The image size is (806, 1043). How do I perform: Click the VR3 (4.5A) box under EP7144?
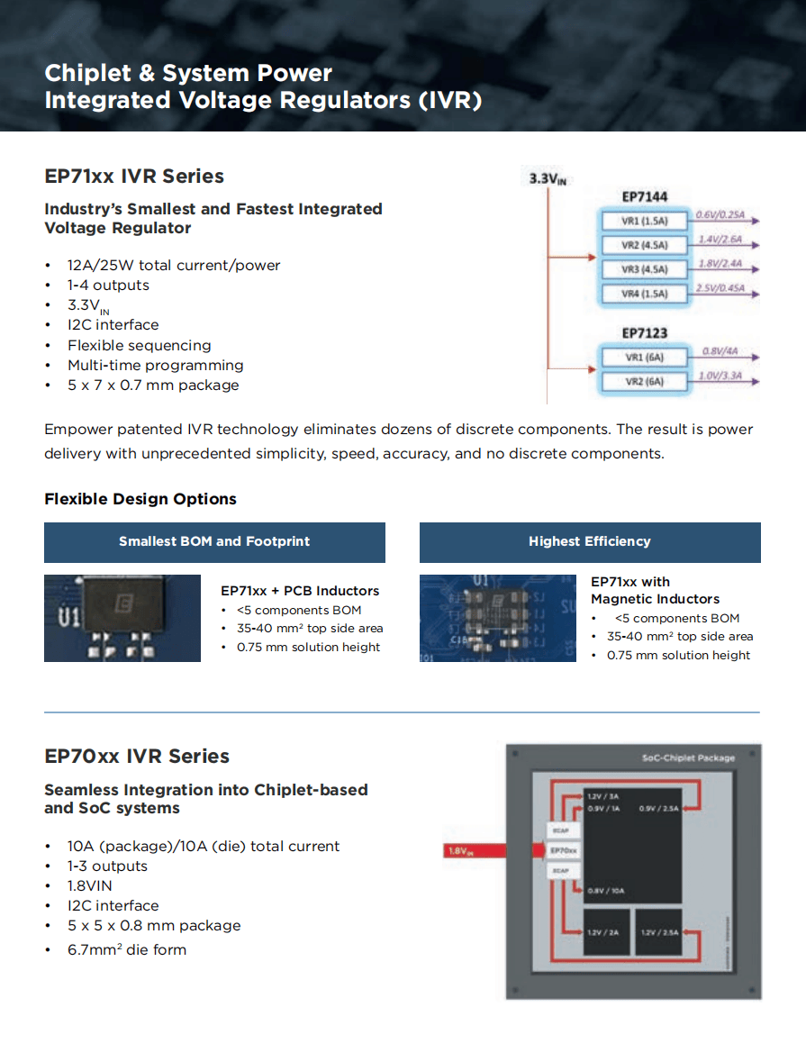644,269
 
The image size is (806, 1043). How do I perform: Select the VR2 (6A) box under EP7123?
644,381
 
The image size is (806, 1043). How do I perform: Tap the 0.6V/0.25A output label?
720,215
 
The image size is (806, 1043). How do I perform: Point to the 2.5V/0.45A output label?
720,288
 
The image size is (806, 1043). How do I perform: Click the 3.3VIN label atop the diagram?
548,178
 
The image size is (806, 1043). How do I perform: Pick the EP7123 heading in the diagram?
645,333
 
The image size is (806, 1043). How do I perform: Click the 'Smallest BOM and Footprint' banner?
214,541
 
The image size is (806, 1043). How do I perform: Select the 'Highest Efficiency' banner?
590,541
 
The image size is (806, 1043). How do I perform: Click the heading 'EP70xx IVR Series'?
137,757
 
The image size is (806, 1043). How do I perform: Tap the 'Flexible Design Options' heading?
140,499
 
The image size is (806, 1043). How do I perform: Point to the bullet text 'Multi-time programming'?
155,365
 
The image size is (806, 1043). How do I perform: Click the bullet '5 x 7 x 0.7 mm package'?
153,385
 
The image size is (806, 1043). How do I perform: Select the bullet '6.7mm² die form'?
127,949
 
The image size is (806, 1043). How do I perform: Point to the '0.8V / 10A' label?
605,891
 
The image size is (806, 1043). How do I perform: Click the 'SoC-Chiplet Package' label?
688,757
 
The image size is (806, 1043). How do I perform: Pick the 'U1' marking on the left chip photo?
69,619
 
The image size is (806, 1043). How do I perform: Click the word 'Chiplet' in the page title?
97,74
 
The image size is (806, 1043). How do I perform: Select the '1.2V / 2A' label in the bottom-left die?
605,932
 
